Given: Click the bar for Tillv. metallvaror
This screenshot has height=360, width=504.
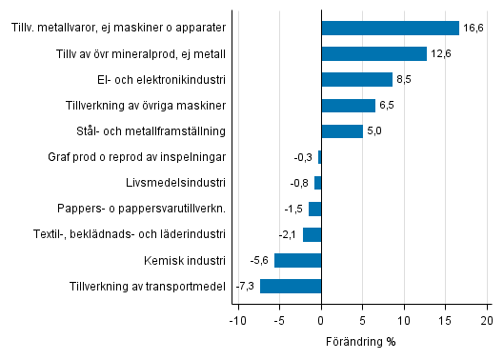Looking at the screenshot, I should tap(391, 28).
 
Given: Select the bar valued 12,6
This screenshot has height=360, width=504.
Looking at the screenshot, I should tap(373, 53).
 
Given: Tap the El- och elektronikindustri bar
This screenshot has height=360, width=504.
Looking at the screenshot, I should tap(357, 79).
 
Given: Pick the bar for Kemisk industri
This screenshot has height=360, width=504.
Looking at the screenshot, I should tap(298, 260).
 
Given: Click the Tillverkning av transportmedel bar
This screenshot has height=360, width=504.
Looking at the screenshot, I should tap(291, 286).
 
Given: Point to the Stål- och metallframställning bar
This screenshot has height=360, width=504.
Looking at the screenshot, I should tap(342, 130).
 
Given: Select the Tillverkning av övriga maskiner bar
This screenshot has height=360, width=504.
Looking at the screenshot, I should tap(349, 105).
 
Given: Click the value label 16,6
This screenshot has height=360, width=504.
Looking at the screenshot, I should tap(474, 29).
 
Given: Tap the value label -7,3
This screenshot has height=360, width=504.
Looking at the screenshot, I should tap(246, 287).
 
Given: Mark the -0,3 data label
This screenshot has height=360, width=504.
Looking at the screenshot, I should tap(304, 157).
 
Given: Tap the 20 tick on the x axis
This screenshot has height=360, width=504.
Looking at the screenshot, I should tap(487, 320).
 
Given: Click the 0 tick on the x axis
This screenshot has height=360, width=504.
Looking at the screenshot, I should tap(322, 320).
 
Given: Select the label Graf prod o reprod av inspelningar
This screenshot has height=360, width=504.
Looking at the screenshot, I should tap(141, 157).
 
